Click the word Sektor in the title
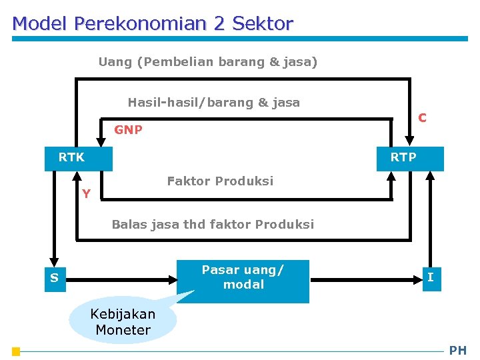pyautogui.click(x=263, y=24)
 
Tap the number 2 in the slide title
pyautogui.click(x=219, y=24)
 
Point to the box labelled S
pyautogui.click(x=54, y=279)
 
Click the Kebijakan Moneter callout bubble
pyautogui.click(x=123, y=322)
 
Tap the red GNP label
pyautogui.click(x=128, y=130)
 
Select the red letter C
pyautogui.click(x=422, y=118)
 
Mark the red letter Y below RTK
pyautogui.click(x=86, y=194)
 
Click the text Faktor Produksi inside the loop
pyautogui.click(x=220, y=181)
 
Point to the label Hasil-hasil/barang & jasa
pyautogui.click(x=213, y=103)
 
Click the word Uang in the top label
pyautogui.click(x=115, y=62)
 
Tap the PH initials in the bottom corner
pyautogui.click(x=458, y=351)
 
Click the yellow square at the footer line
pyautogui.click(x=16, y=351)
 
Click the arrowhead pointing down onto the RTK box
pyautogui.click(x=101, y=141)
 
